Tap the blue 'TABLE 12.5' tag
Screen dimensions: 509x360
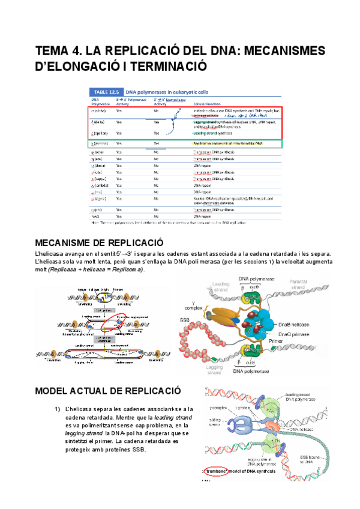point(106,91)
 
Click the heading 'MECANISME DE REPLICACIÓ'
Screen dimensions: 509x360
point(100,259)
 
